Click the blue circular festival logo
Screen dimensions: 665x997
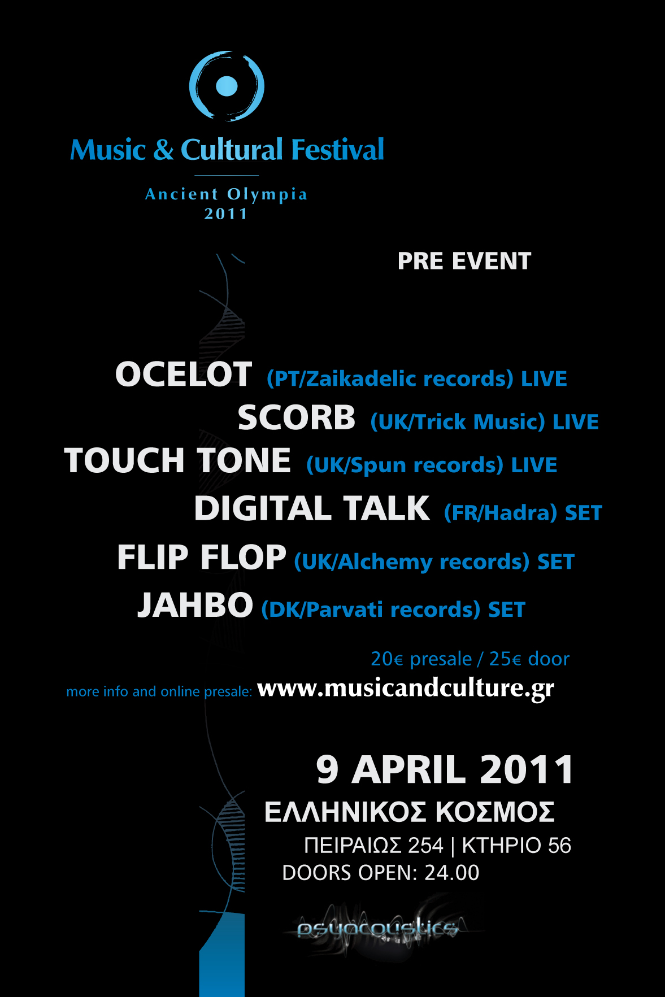click(x=227, y=86)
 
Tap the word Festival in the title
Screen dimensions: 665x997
click(x=338, y=150)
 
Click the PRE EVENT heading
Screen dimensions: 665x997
click(x=464, y=261)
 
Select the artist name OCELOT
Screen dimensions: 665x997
click(x=184, y=374)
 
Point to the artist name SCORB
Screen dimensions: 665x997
click(x=297, y=417)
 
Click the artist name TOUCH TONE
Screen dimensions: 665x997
click(x=177, y=460)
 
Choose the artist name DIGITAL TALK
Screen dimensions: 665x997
click(x=312, y=508)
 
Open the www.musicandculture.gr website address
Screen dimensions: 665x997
click(x=406, y=688)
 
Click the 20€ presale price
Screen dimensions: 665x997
click(x=421, y=659)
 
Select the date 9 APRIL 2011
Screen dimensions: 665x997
click(x=445, y=770)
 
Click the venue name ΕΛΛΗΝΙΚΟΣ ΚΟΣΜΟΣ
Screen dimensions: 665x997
click(x=410, y=812)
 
